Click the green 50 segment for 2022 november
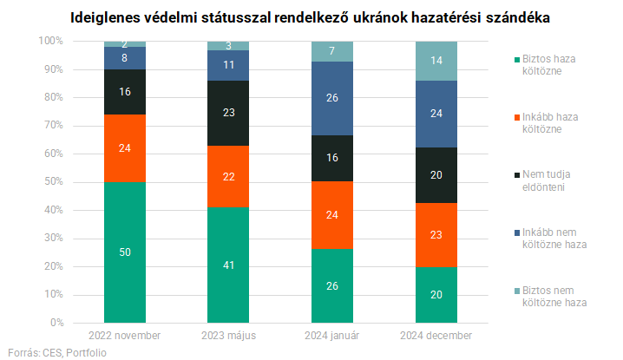tap(125, 252)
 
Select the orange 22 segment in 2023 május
tap(229, 177)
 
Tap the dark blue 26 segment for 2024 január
tap(333, 98)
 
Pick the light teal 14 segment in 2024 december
tap(437, 61)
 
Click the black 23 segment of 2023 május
tap(229, 113)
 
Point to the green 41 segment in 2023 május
tap(229, 265)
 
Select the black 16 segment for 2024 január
tap(333, 158)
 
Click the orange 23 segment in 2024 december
tap(437, 234)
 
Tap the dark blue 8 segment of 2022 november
tap(125, 58)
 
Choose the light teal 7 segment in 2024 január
tap(333, 51)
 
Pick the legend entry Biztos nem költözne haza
tap(548, 296)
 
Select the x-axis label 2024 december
tap(437, 336)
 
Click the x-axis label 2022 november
tap(125, 336)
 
